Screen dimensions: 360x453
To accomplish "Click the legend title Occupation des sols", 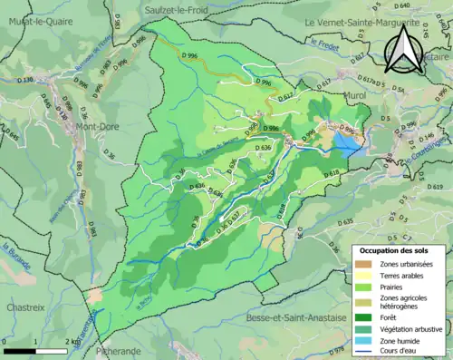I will [x=393, y=250].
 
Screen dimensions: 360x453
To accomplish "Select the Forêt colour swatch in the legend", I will [x=363, y=316].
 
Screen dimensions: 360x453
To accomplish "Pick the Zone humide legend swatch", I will [x=363, y=340].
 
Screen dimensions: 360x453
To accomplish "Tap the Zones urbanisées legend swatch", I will [x=363, y=264].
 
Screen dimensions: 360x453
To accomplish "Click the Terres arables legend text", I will [x=405, y=277].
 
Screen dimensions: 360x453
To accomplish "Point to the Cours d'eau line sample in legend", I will [x=363, y=352].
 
